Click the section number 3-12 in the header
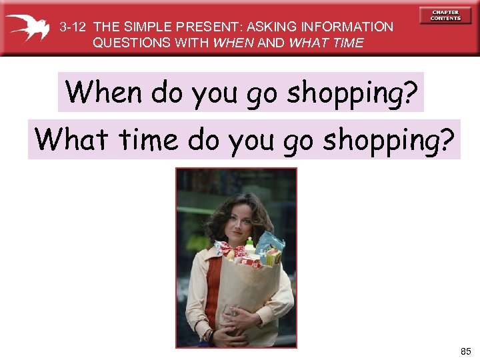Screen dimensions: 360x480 point(73,27)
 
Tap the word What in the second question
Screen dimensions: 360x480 point(72,139)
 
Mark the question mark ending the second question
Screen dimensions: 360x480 point(447,139)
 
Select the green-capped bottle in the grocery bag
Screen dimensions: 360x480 point(250,245)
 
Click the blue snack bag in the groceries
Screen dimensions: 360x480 point(272,243)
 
